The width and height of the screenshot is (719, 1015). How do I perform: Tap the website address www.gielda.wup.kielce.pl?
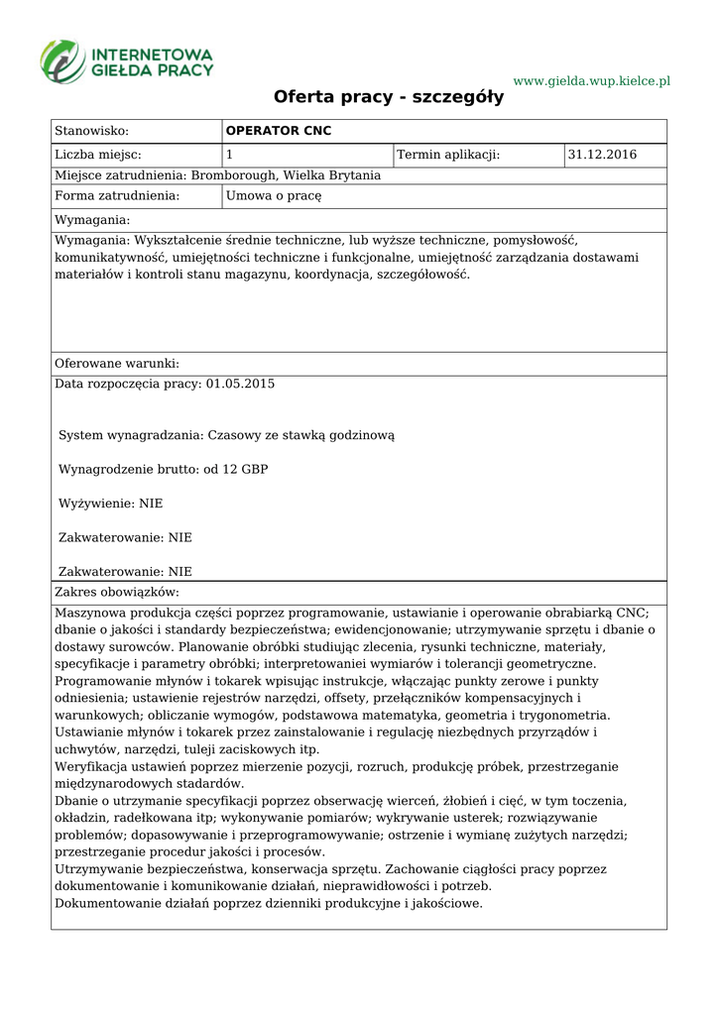tap(592, 80)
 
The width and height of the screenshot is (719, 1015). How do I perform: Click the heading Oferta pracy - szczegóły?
tap(389, 97)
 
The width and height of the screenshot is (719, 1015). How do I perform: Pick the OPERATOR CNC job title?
tap(279, 131)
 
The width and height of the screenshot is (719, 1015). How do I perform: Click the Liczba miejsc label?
tap(98, 155)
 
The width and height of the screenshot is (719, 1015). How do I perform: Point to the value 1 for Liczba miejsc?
tap(230, 155)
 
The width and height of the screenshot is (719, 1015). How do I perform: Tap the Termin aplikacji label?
tap(448, 155)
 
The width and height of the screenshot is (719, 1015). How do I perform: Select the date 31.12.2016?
tap(602, 155)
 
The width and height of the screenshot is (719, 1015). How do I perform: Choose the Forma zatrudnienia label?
tap(117, 196)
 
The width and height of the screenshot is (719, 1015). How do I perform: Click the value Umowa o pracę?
tap(274, 196)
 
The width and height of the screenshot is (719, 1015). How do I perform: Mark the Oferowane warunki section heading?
tap(117, 364)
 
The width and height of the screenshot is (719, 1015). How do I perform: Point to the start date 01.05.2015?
tap(240, 384)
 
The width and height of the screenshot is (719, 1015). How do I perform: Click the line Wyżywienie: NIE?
tap(111, 504)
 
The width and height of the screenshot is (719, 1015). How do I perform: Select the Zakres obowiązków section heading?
tap(117, 592)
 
